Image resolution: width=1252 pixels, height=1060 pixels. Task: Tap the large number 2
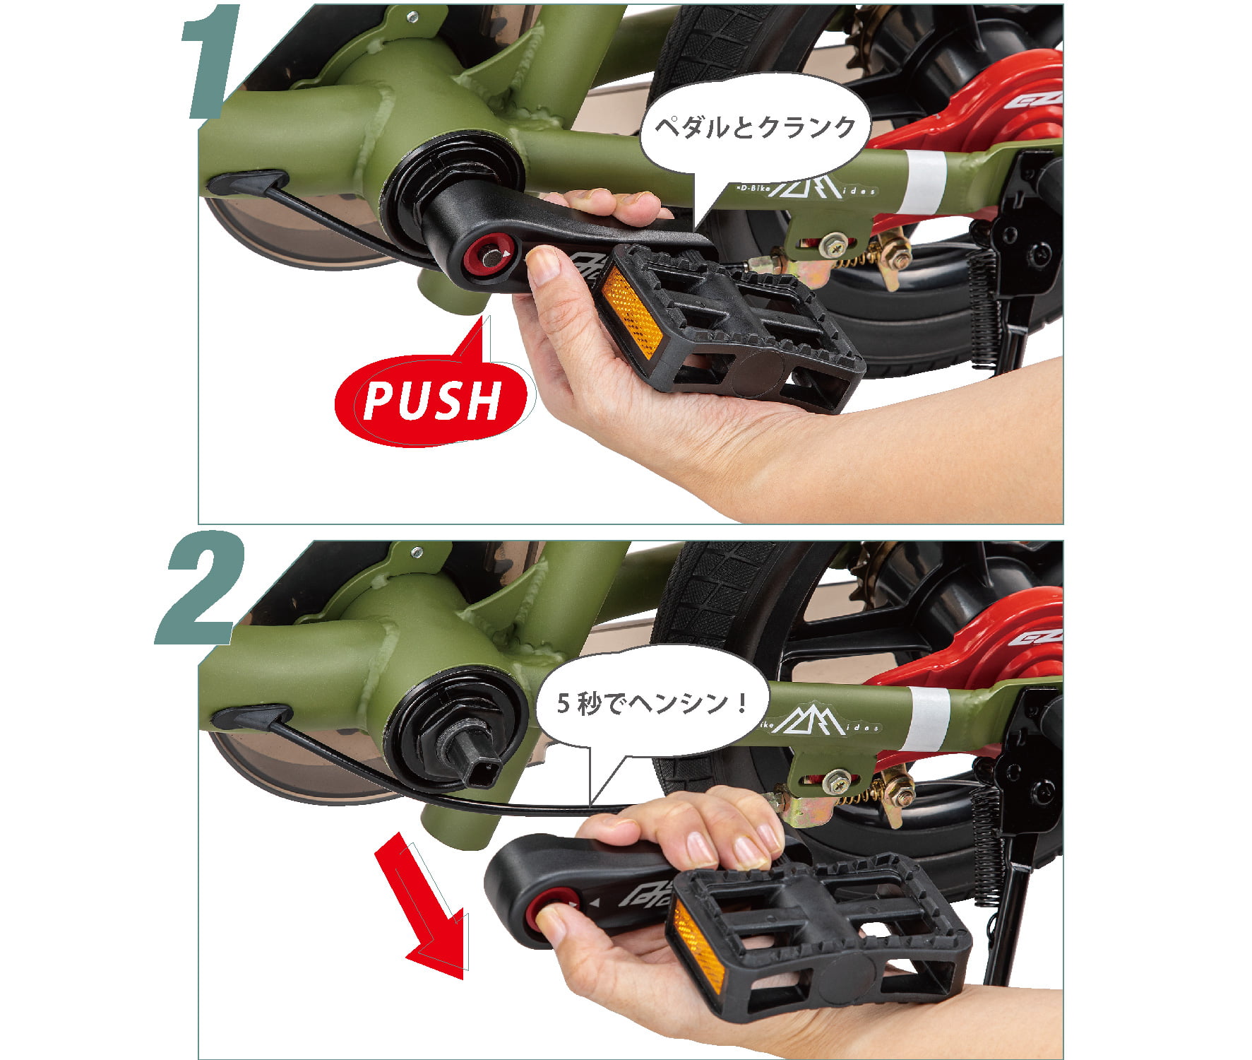coord(201,588)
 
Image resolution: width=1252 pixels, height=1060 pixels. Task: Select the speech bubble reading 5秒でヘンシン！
coord(651,707)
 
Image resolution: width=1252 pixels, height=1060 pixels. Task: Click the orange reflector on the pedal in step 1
coord(631,311)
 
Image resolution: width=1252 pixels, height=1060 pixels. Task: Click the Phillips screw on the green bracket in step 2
coord(837,780)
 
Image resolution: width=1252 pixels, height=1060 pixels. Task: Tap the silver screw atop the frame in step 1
coord(413,16)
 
